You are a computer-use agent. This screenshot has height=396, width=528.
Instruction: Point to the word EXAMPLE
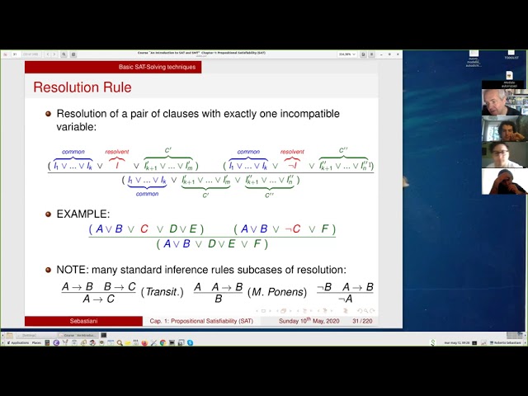82,214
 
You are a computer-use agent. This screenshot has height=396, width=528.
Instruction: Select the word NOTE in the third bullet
73,270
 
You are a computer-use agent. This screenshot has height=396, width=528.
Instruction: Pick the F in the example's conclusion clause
256,243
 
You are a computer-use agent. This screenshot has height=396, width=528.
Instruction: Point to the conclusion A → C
98,299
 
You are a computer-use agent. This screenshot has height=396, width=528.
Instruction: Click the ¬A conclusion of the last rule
346,299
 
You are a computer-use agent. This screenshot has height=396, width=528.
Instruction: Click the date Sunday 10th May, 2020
309,321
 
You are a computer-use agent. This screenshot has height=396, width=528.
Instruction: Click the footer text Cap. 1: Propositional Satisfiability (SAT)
202,321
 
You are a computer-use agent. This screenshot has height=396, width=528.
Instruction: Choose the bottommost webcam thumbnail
502,181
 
